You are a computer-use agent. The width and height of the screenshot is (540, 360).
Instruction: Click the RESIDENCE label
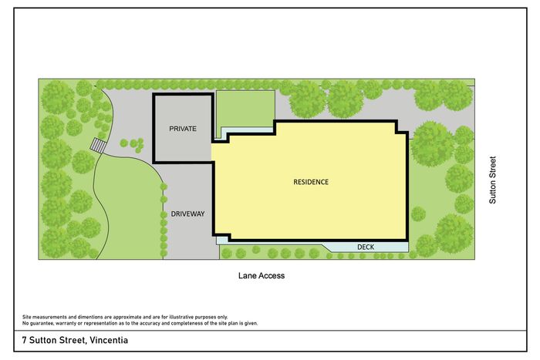(x=311, y=182)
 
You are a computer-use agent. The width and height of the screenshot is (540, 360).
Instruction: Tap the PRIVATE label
(x=183, y=129)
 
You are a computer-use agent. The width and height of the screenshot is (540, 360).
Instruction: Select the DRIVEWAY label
(x=187, y=214)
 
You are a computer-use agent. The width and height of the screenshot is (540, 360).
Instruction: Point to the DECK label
(x=366, y=247)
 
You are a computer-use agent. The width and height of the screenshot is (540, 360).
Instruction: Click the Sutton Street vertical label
(x=493, y=180)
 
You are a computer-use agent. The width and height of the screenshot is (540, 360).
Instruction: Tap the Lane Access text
(x=262, y=275)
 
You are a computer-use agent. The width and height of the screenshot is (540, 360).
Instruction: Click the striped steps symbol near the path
(x=98, y=146)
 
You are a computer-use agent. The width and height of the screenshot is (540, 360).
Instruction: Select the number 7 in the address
(x=25, y=340)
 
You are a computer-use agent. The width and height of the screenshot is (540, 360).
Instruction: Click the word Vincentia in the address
(x=109, y=340)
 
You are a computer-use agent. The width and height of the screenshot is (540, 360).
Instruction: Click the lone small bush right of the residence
(x=418, y=214)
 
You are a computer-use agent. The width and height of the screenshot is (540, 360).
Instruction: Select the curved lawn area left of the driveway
(x=129, y=210)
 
